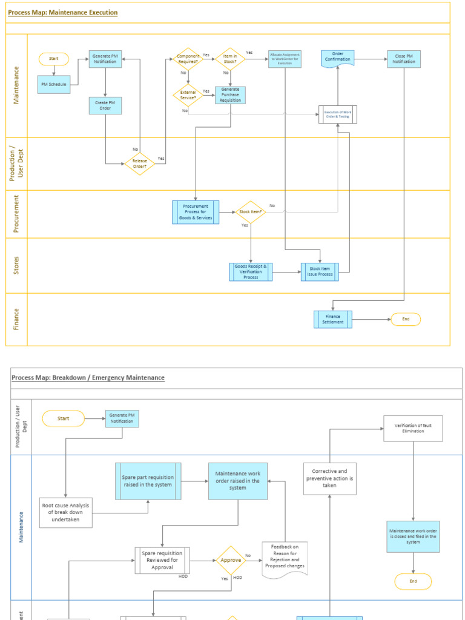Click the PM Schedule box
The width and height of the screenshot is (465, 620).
(54, 84)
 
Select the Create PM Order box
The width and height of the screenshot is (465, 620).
(105, 106)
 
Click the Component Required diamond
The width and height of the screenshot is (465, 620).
(188, 59)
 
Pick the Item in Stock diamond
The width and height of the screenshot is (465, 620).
(230, 59)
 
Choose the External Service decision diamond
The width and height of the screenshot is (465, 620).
(188, 95)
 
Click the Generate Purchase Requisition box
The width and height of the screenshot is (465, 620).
(230, 95)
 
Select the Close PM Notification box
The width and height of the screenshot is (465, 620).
(404, 59)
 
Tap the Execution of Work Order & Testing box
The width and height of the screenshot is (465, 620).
(338, 114)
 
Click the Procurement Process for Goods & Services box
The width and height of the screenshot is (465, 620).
(196, 213)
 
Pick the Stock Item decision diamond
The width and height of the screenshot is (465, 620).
(251, 212)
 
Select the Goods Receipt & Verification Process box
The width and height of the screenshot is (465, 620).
(251, 272)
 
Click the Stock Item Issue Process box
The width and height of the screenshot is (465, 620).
(320, 272)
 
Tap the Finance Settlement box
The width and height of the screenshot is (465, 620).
(333, 319)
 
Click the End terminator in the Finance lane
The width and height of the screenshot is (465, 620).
(406, 319)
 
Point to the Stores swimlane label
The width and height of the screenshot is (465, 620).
(16, 266)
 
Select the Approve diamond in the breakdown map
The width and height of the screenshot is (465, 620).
(231, 561)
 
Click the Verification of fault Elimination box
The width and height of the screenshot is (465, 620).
(413, 428)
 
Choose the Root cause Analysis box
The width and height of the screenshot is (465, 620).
(66, 512)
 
